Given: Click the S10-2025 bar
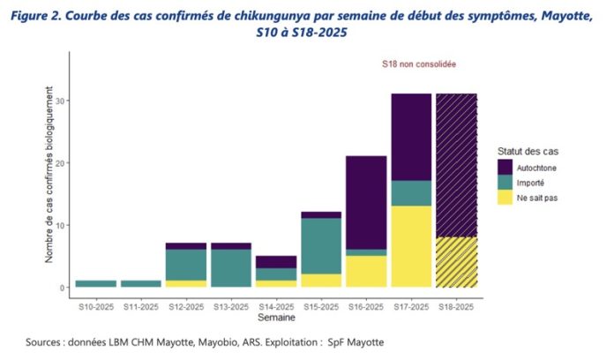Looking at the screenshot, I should [x=95, y=284].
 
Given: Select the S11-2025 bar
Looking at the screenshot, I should [x=140, y=284].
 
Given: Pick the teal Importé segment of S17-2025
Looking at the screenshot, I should [x=411, y=193].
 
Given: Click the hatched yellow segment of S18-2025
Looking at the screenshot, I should [x=456, y=262].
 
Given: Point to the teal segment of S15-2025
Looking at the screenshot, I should [x=321, y=246].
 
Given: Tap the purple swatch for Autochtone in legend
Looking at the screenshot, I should [x=505, y=167].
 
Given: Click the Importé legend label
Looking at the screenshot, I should [x=536, y=182].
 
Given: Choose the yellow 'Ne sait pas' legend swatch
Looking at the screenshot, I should [x=505, y=197].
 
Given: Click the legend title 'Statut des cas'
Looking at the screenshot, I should [x=527, y=151].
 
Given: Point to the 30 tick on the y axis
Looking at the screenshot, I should [x=62, y=101].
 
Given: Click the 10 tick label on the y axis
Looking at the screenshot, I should [x=62, y=225].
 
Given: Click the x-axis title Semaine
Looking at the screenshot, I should [x=276, y=316].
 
